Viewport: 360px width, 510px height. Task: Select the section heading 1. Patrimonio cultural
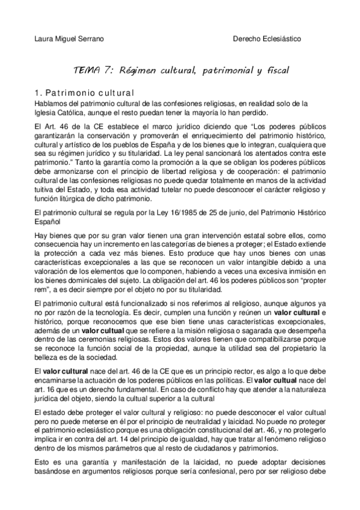point(84,93)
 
